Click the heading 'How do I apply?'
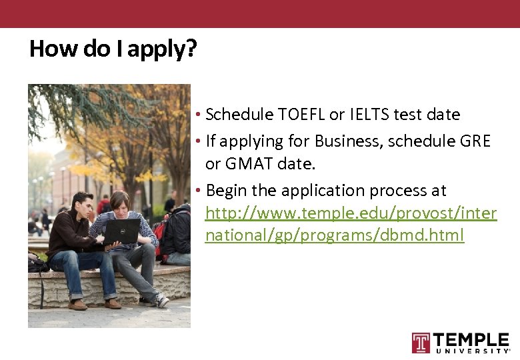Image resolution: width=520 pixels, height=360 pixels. tap(113, 49)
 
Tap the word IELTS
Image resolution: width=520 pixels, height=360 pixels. tap(369, 115)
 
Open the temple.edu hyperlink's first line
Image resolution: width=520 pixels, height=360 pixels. tap(351, 213)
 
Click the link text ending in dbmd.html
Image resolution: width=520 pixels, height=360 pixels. tap(334, 235)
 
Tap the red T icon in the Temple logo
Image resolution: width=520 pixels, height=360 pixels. tap(421, 343)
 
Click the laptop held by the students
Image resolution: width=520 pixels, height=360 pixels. tap(123, 231)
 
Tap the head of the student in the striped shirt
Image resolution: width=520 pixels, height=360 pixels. tap(120, 200)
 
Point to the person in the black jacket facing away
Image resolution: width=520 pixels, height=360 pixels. tap(179, 233)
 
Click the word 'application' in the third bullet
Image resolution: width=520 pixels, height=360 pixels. tap(313, 191)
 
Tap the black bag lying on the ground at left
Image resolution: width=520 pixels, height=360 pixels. tap(37, 263)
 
